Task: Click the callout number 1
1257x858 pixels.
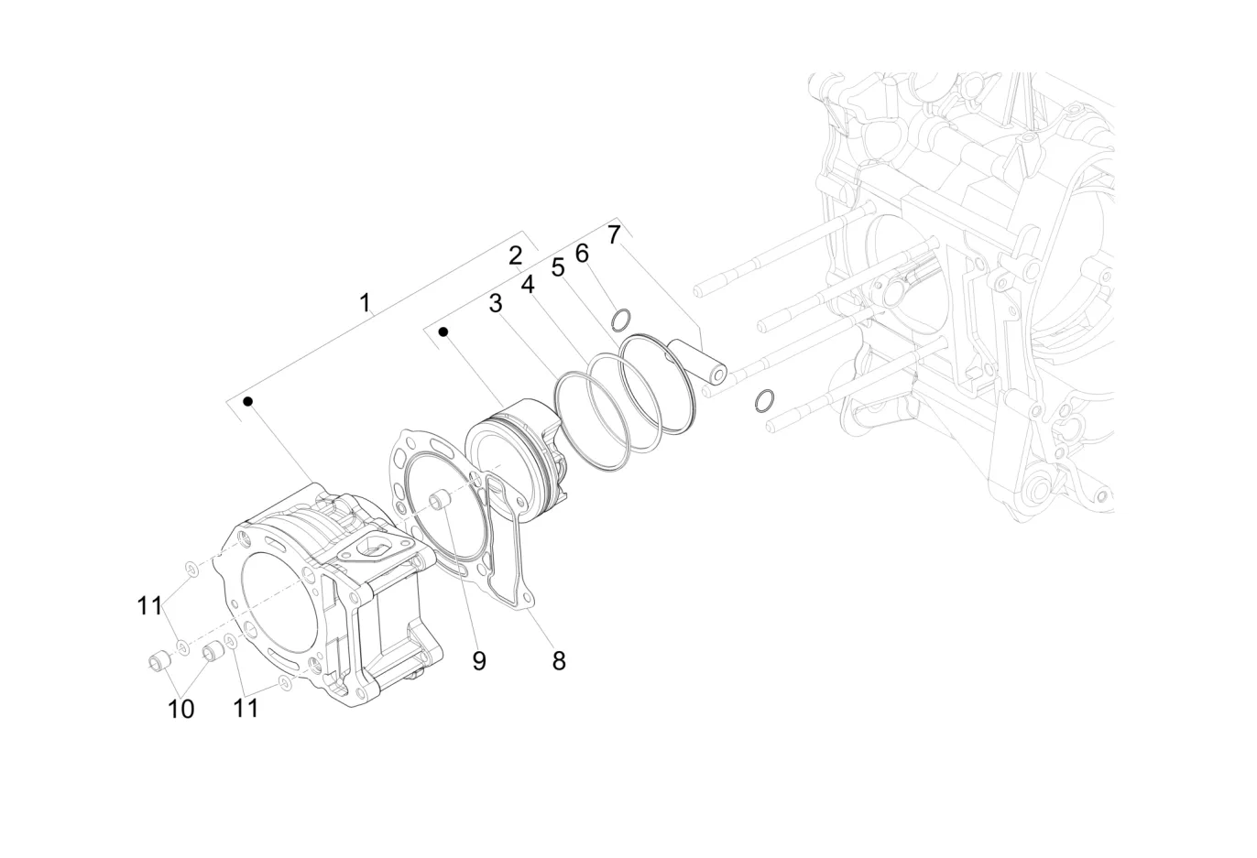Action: pyautogui.click(x=366, y=302)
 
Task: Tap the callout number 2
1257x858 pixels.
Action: pyautogui.click(x=516, y=255)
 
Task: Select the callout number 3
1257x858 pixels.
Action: pyautogui.click(x=496, y=303)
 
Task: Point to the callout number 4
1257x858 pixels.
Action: pyautogui.click(x=528, y=285)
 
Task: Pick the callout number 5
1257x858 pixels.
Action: pyautogui.click(x=557, y=268)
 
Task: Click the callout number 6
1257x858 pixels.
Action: pyautogui.click(x=582, y=253)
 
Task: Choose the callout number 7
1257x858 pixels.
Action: pyautogui.click(x=614, y=234)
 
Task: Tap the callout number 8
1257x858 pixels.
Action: pyautogui.click(x=559, y=659)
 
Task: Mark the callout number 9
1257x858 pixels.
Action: pyautogui.click(x=479, y=660)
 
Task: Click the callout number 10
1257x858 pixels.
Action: pyautogui.click(x=181, y=709)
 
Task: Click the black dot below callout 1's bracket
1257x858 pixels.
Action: pyautogui.click(x=247, y=401)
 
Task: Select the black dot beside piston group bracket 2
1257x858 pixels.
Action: pyautogui.click(x=443, y=331)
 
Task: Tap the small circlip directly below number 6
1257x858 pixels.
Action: pyautogui.click(x=621, y=320)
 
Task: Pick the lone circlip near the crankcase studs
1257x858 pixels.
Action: pyautogui.click(x=764, y=400)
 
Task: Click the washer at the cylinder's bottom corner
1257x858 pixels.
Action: pyautogui.click(x=284, y=683)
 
